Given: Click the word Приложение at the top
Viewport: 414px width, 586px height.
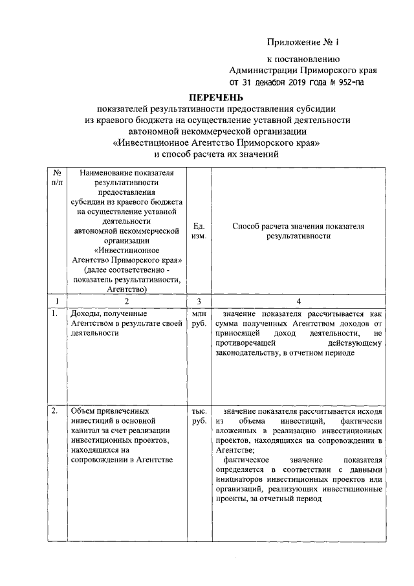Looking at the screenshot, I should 294,43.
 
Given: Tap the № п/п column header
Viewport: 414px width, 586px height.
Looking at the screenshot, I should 58,178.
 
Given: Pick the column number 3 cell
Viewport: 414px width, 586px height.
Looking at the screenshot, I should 199,300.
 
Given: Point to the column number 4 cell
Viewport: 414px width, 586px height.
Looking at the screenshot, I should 298,300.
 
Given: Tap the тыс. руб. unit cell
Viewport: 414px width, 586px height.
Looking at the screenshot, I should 199,416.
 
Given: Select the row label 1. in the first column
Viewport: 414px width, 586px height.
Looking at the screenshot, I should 55,313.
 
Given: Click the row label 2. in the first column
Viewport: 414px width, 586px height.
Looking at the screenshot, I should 55,411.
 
